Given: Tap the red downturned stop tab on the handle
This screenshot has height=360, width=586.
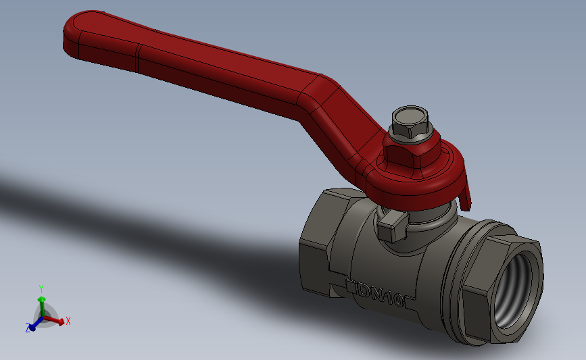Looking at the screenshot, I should pyautogui.click(x=465, y=196).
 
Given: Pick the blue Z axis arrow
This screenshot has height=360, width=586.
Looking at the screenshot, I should pyautogui.click(x=32, y=326).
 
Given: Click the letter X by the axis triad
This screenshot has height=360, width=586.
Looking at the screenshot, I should pyautogui.click(x=68, y=322).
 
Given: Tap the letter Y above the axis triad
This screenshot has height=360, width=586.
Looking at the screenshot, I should pyautogui.click(x=41, y=288).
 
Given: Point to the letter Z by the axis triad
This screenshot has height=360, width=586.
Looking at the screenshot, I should pyautogui.click(x=28, y=328).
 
